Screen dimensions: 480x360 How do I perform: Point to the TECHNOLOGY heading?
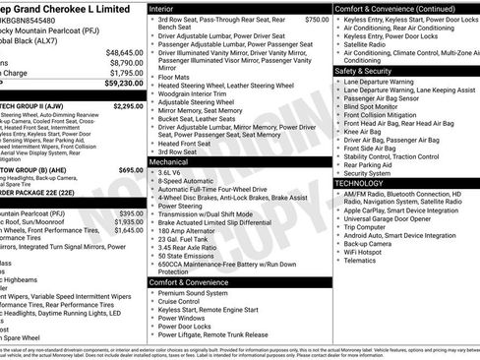point(360,183)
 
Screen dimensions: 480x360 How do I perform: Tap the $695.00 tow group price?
point(131,169)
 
